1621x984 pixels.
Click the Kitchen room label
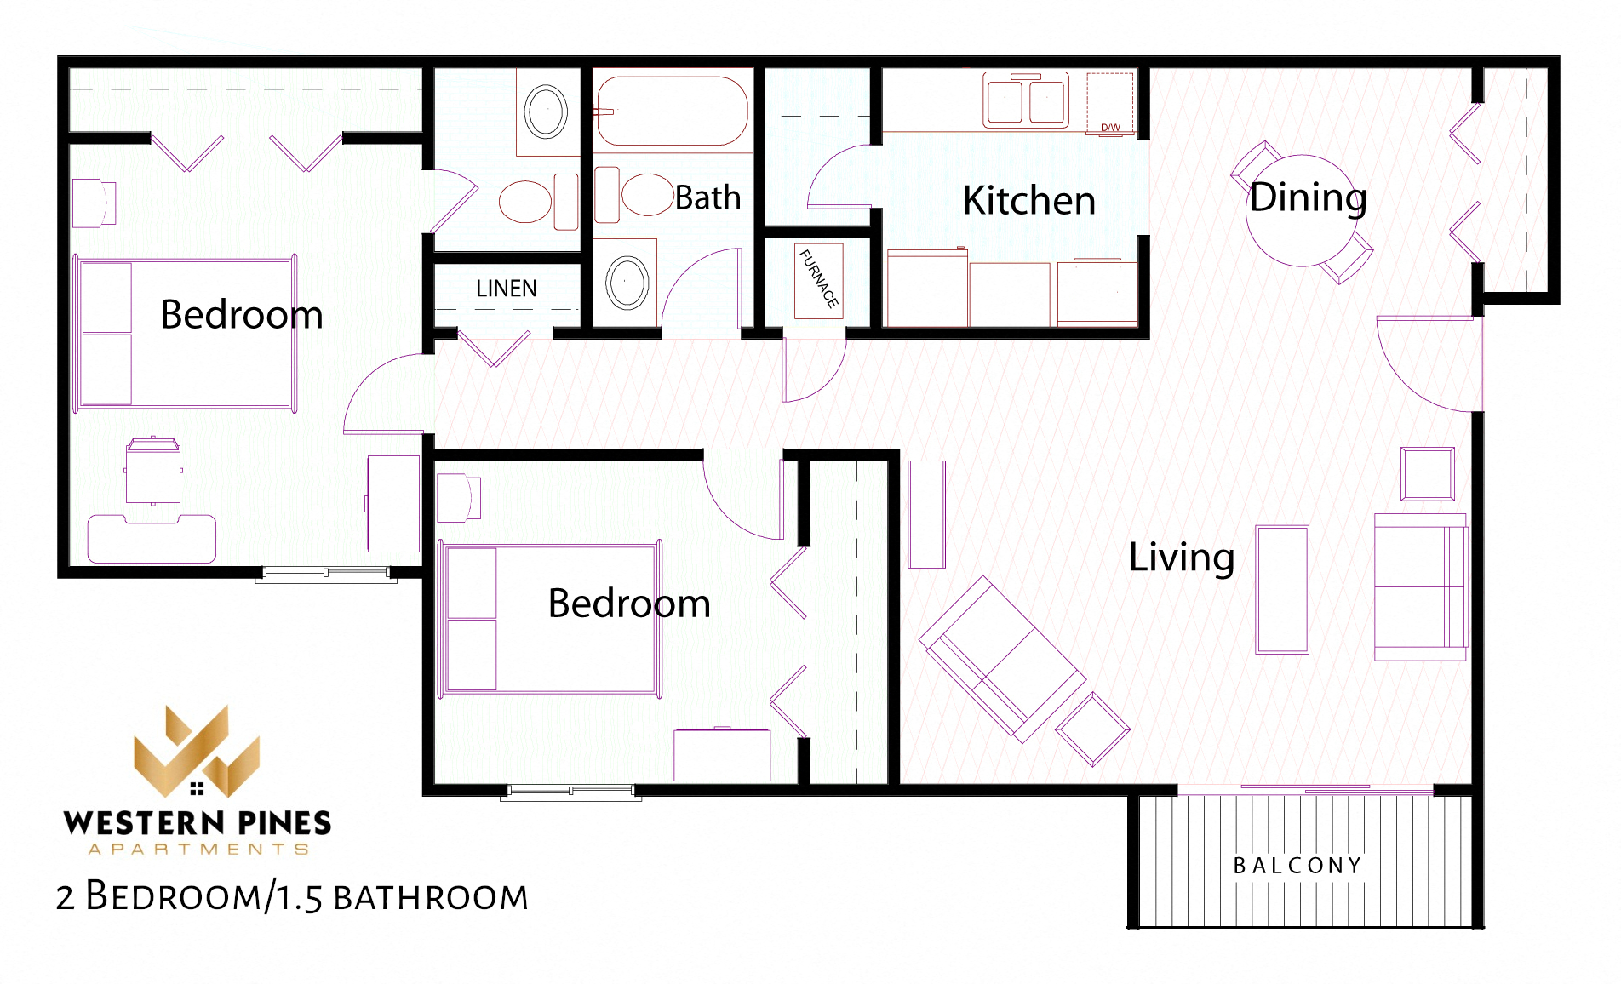tap(1028, 201)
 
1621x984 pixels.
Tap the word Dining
tap(1308, 197)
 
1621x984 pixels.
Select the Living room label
tap(1181, 558)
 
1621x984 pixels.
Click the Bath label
tap(707, 197)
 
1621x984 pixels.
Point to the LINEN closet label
tap(506, 289)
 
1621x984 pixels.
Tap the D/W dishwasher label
tap(1110, 128)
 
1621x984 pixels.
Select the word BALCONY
tap(1297, 866)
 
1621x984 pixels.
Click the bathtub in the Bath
tap(672, 112)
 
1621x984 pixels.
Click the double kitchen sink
tap(1025, 101)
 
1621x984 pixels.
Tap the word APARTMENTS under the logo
tap(198, 850)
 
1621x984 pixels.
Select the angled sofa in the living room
tap(1000, 660)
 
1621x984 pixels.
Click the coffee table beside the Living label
tap(1281, 589)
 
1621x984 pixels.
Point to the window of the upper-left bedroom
tap(325, 574)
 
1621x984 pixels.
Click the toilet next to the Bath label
tap(637, 195)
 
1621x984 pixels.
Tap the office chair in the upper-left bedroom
tap(153, 471)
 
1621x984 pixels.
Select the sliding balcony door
tap(1337, 789)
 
